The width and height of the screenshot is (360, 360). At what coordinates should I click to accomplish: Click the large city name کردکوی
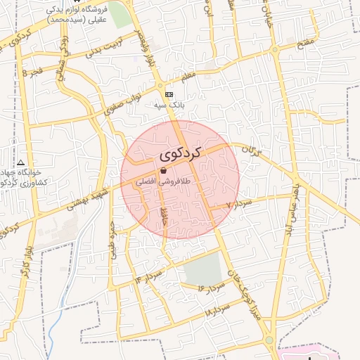point(180,153)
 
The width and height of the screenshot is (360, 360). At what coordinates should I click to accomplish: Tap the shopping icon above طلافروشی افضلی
point(163,170)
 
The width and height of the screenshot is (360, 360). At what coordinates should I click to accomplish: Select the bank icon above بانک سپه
point(168,94)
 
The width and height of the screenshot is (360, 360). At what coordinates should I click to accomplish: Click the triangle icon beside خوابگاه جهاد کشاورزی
point(20,162)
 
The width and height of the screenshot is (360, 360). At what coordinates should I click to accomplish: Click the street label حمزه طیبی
point(111,241)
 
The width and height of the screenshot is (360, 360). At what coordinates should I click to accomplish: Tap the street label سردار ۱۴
point(149,276)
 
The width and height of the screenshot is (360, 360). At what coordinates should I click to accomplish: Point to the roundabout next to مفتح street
point(275,49)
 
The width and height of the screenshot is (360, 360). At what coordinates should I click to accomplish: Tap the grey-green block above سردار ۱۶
point(202,267)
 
